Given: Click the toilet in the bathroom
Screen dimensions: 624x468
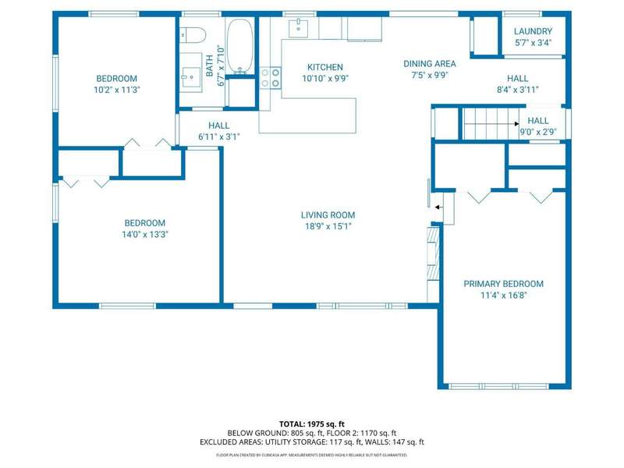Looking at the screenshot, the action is pos(192,35).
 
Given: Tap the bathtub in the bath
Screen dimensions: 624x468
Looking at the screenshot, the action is pos(240,46).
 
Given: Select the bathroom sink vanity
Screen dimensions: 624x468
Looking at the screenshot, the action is pos(190,73).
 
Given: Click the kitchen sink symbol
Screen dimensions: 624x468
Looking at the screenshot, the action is pos(298,28).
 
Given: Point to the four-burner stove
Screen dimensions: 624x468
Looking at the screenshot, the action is pos(270,78).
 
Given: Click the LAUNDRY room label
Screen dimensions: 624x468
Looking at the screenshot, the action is pos(533,31).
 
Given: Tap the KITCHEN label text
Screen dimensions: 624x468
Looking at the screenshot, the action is pos(325,67).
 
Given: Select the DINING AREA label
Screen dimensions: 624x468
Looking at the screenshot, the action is pos(430,64).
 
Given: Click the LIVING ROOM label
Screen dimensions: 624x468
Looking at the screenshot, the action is pos(328,215).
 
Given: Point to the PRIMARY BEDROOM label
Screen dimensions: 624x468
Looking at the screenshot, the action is pos(503,284).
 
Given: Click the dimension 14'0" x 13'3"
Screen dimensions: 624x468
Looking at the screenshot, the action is pos(145,235).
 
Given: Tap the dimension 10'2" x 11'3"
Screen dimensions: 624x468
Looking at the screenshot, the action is pos(116,90).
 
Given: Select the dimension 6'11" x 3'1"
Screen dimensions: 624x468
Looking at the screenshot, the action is pos(219,137).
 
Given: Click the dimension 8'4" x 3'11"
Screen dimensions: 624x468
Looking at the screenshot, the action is pos(517,90).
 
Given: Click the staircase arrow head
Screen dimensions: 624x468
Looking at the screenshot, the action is pos(516,124).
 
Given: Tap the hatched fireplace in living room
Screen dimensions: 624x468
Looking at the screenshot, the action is pos(433,253).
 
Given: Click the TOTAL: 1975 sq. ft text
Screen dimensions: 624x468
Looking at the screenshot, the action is pos(311,424).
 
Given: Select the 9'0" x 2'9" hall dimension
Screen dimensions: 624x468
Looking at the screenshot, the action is pos(538,132).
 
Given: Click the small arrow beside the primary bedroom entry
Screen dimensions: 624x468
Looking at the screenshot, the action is pos(438,207).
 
